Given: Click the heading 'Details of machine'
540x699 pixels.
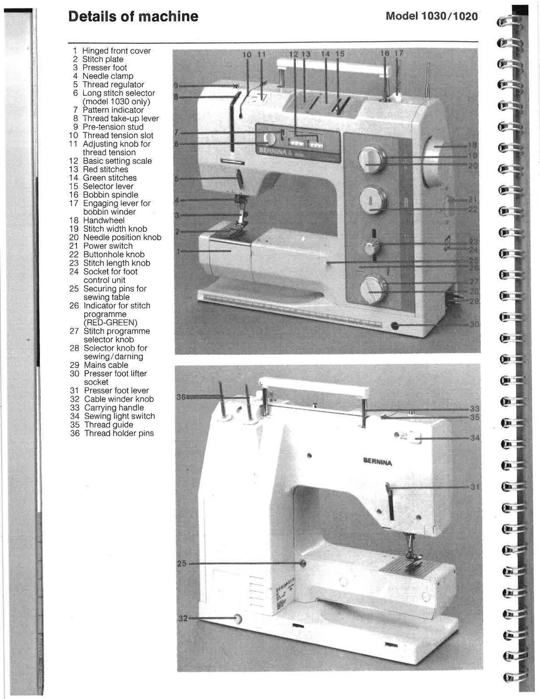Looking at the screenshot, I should point(133,16).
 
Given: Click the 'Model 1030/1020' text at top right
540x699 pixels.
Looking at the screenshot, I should point(431,16).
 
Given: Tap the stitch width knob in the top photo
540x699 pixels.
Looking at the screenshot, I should point(372,159).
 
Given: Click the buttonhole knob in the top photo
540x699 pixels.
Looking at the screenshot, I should point(372,200).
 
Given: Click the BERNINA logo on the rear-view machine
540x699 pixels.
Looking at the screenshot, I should point(378,462).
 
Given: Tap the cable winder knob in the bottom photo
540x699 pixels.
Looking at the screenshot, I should point(237,618).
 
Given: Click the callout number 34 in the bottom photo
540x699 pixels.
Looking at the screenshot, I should point(474,438).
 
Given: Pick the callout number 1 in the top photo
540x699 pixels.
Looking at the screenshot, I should point(178,252).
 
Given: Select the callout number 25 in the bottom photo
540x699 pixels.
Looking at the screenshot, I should point(181,564).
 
